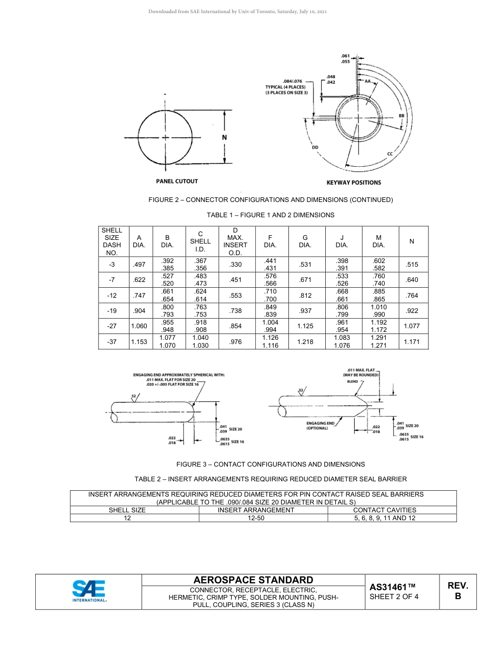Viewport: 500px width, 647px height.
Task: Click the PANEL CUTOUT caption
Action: point(177,181)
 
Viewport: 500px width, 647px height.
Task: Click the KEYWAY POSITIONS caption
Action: point(354,183)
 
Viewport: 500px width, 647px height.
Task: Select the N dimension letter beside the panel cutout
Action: point(224,137)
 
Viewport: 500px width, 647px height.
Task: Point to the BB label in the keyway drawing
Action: point(402,115)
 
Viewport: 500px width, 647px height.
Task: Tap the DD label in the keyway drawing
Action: point(315,148)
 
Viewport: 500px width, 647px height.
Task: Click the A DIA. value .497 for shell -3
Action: point(139,265)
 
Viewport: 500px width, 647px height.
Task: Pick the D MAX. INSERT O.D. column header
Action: point(235,241)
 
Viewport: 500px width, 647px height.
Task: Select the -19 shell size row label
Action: point(112,311)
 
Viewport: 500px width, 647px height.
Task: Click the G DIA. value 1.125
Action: point(305,326)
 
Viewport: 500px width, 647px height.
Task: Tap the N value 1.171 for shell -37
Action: point(412,342)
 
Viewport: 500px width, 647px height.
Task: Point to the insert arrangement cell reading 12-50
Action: point(263,518)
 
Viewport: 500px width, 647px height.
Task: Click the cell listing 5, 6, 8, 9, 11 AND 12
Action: point(392,518)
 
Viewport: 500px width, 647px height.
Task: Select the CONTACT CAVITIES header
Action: point(392,510)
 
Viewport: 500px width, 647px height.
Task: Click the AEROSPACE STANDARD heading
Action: point(253,580)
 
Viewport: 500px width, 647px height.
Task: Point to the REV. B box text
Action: point(457,591)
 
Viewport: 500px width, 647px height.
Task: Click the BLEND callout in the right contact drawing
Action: point(352,382)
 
